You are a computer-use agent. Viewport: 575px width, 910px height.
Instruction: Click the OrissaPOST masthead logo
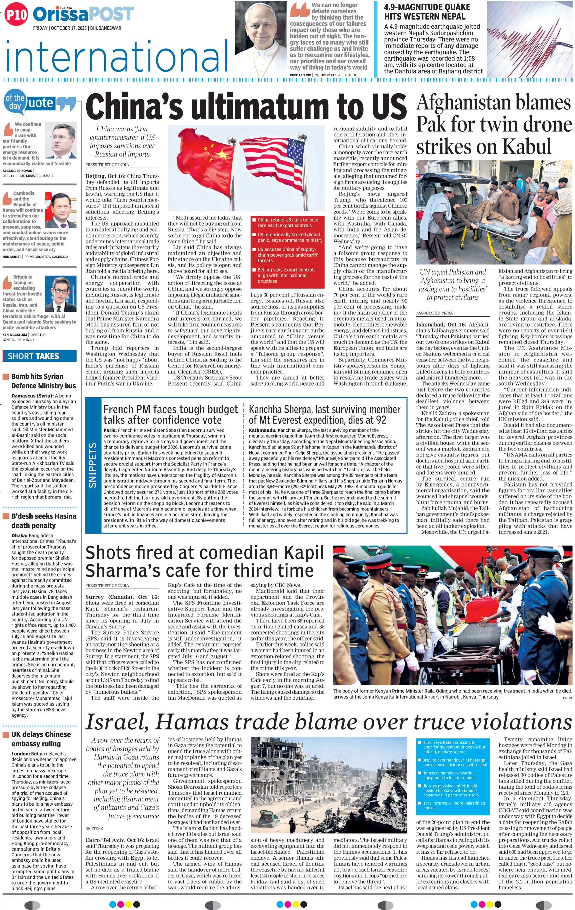(x=83, y=15)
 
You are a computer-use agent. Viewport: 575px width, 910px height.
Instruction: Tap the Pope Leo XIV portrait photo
(x=260, y=38)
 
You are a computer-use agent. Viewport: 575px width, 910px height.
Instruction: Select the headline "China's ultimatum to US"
(x=246, y=107)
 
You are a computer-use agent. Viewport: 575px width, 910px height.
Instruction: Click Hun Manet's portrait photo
(x=62, y=210)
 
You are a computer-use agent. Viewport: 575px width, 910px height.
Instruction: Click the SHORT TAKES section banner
(x=39, y=356)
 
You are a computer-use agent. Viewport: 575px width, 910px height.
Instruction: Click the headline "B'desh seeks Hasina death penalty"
(x=44, y=520)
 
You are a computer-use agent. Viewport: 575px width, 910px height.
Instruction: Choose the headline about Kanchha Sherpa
(x=324, y=415)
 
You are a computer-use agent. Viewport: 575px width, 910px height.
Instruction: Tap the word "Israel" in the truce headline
(x=117, y=722)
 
